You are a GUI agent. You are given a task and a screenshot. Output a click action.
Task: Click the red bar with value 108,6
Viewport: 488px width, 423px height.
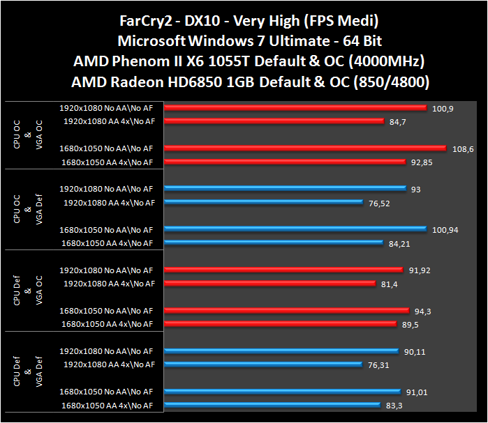click(305, 148)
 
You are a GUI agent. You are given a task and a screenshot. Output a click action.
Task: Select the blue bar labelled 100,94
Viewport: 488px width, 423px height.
click(295, 229)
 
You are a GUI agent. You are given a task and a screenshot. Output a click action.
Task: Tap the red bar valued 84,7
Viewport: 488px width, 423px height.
click(274, 121)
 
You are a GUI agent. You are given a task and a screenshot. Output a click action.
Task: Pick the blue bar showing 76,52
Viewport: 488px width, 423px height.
click(263, 203)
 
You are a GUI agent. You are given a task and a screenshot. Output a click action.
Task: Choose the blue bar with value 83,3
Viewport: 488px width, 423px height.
click(272, 405)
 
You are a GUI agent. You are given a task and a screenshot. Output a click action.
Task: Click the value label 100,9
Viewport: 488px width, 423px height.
click(442, 109)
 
